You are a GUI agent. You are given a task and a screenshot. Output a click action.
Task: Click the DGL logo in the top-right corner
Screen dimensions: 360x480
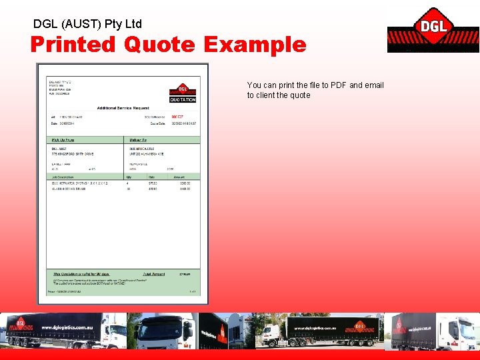pyautogui.click(x=433, y=29)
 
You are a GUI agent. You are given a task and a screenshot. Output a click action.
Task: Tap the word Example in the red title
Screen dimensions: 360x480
pyautogui.click(x=255, y=45)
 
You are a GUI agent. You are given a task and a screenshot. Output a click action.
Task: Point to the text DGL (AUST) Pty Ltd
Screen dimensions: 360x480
pyautogui.click(x=87, y=24)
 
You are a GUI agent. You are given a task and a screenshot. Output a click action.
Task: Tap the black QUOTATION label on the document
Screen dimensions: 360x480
pyautogui.click(x=183, y=100)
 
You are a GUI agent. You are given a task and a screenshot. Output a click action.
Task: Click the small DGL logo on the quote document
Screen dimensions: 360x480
pyautogui.click(x=183, y=89)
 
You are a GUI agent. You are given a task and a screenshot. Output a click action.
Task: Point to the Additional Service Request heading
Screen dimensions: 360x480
pyautogui.click(x=123, y=108)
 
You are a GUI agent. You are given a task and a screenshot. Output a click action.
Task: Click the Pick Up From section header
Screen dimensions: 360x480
pyautogui.click(x=65, y=140)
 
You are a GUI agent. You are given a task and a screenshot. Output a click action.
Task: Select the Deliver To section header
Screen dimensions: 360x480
pyautogui.click(x=137, y=140)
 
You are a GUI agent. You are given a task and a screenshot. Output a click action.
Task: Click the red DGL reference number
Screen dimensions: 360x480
pyautogui.click(x=178, y=117)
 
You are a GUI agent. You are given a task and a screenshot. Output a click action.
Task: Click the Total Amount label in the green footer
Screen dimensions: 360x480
pyautogui.click(x=154, y=274)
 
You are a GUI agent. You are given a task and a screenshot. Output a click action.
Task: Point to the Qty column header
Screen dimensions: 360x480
pyautogui.click(x=129, y=177)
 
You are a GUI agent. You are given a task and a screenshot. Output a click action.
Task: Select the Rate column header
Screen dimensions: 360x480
pyautogui.click(x=153, y=177)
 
